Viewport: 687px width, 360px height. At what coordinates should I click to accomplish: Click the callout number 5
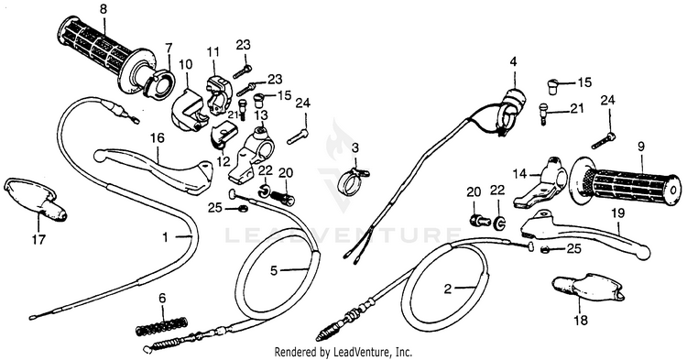(x=274, y=271)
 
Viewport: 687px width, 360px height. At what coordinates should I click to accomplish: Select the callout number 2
(x=447, y=289)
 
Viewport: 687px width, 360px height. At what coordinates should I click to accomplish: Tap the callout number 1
(x=165, y=238)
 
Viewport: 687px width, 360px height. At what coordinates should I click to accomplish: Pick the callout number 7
(x=169, y=47)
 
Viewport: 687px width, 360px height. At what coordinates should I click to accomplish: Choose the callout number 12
(x=223, y=161)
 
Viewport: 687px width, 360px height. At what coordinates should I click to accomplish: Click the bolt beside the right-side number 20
(x=478, y=219)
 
